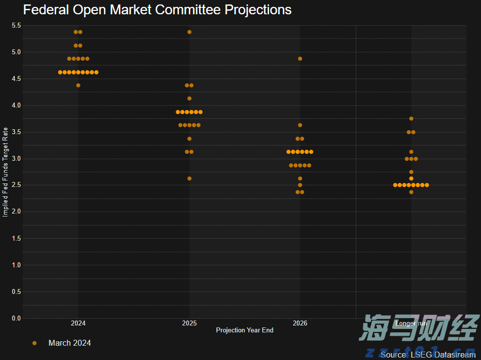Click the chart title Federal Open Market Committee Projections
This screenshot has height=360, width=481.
point(157,10)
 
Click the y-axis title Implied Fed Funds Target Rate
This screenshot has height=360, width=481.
point(5,172)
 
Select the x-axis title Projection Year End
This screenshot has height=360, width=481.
point(244,330)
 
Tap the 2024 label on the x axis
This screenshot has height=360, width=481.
point(78,324)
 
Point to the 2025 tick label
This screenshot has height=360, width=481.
point(189,324)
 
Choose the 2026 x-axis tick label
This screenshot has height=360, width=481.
point(300,324)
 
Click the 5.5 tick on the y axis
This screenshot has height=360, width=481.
point(16,25)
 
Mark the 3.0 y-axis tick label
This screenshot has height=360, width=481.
point(16,158)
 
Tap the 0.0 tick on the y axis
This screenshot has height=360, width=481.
point(16,318)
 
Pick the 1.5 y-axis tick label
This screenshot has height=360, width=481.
point(16,238)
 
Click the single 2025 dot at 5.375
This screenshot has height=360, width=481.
point(189,32)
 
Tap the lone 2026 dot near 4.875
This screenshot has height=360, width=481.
point(300,59)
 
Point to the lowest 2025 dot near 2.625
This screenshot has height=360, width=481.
point(189,179)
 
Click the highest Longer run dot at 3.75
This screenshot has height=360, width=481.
point(411,118)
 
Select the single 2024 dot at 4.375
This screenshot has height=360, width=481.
point(78,85)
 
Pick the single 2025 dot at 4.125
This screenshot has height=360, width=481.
point(189,99)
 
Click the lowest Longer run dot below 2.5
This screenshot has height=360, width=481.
point(411,192)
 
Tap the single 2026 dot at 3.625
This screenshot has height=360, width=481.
point(300,125)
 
